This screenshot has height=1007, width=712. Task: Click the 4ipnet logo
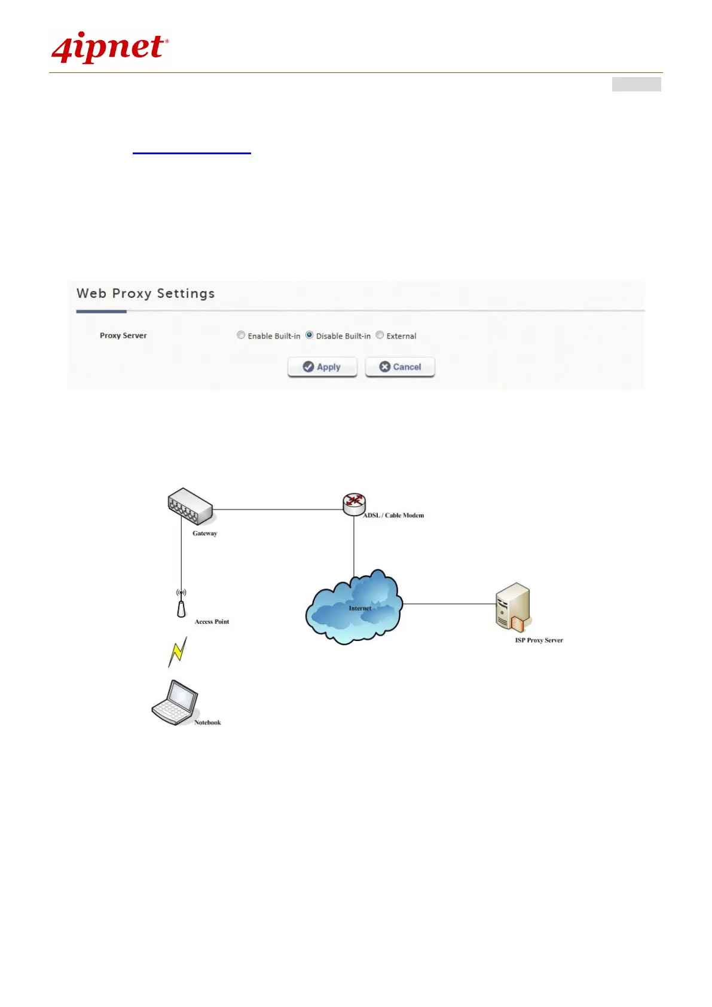pos(110,48)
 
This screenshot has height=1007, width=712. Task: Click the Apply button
pos(322,367)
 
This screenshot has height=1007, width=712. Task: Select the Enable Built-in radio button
pos(241,335)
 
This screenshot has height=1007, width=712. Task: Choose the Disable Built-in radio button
pos(310,335)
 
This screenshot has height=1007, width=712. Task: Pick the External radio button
pos(380,335)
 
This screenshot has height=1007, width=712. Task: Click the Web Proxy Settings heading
pos(145,294)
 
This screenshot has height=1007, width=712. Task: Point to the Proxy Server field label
pos(123,335)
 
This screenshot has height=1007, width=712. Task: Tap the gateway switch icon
pos(190,506)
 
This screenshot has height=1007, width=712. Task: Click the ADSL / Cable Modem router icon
pos(354,504)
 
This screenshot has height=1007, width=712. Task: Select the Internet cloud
pos(354,608)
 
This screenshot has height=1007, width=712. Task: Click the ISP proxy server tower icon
pos(513,607)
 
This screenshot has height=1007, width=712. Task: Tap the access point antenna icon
pos(181,604)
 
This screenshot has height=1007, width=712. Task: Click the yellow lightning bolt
pos(178,651)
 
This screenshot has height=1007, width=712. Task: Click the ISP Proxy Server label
pos(539,640)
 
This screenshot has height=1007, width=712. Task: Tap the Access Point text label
pos(212,622)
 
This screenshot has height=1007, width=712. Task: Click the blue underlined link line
pos(191,154)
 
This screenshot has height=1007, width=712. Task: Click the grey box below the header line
pos(636,84)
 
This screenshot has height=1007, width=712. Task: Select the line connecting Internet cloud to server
pos(448,604)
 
